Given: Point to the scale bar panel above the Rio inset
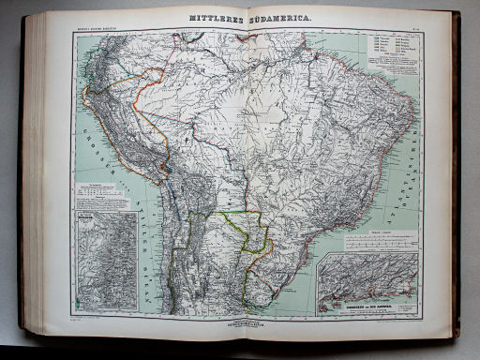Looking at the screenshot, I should click(x=370, y=243).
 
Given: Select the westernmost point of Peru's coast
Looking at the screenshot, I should click(x=85, y=95).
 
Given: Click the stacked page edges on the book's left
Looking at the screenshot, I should click(x=34, y=178).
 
